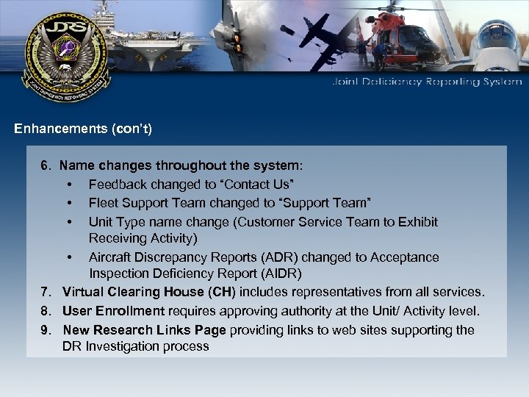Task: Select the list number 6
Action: point(45,166)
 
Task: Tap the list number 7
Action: point(45,293)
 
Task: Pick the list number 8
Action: point(45,312)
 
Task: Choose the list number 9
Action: point(45,330)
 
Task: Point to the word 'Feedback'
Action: point(115,184)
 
